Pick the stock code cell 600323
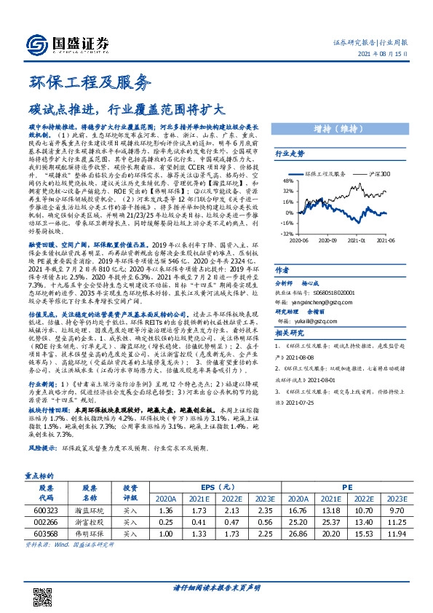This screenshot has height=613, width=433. coord(47,513)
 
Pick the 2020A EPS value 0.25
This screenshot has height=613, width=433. coord(166,523)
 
